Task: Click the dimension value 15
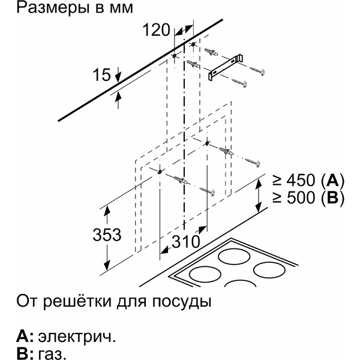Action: (x=101, y=75)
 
